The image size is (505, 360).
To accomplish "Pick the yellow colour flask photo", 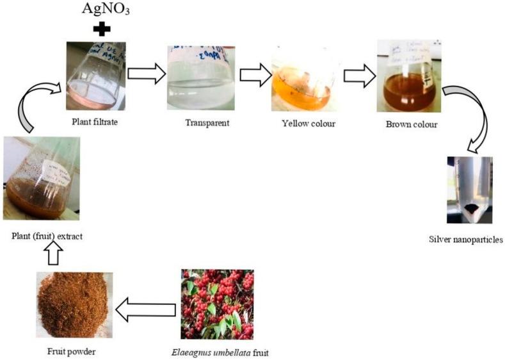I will pos(301,76).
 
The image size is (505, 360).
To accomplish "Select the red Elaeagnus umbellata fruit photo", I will pos(218,304).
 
